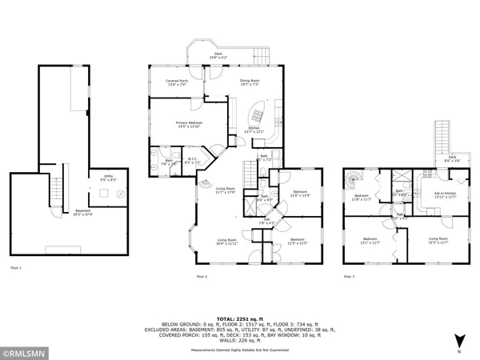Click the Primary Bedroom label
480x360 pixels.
pyautogui.click(x=189, y=124)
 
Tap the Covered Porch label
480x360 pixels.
pyautogui.click(x=177, y=82)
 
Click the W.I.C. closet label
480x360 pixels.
pyautogui.click(x=193, y=161)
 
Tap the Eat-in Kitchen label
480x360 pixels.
pyautogui.click(x=445, y=194)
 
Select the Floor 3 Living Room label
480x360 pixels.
pyautogui.click(x=438, y=239)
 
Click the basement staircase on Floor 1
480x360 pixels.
pyautogui.click(x=56, y=192)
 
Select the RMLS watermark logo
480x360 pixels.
pyautogui.click(x=26, y=350)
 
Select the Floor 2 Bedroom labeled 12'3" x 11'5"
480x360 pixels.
pyautogui.click(x=297, y=241)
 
